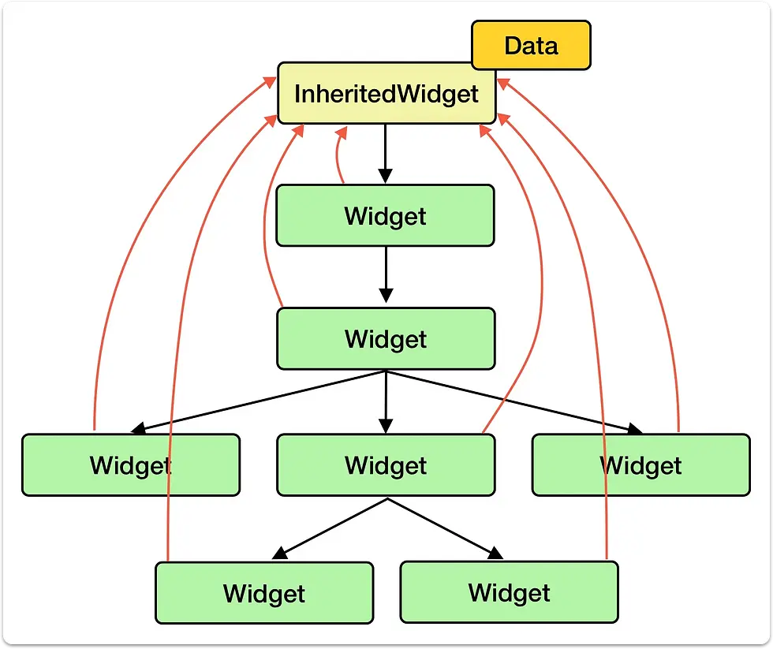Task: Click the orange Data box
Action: coord(531,45)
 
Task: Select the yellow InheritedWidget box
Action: coord(386,93)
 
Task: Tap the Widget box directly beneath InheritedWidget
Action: coord(385,215)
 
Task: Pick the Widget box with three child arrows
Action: coord(386,338)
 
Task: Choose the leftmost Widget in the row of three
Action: coord(131,464)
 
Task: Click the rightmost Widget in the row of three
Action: coord(640,464)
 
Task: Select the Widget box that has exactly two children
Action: coord(386,464)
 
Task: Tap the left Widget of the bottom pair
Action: coord(264,592)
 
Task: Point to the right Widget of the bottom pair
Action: coord(510,592)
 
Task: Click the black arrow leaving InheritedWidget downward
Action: coord(386,154)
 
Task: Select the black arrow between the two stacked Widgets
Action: coord(386,274)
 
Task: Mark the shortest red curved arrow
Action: coord(338,155)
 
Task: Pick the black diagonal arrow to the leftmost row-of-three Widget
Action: coord(259,401)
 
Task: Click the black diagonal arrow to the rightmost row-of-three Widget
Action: coord(514,401)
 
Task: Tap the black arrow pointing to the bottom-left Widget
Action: coord(330,529)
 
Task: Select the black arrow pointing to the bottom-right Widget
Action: coord(446,529)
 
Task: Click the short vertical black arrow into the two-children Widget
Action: coord(386,401)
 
